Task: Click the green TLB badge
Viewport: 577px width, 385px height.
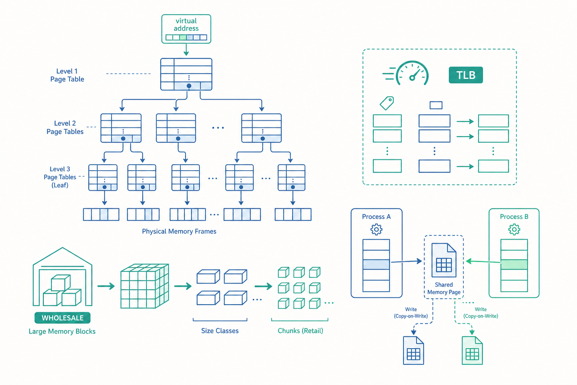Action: [466, 75]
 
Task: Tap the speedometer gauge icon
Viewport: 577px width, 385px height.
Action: [412, 73]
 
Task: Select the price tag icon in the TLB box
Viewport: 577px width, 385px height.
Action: [387, 103]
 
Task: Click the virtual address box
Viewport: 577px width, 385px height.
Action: [186, 29]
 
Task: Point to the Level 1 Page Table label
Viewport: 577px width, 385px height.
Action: [67, 75]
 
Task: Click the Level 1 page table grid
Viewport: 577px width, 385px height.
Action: [186, 74]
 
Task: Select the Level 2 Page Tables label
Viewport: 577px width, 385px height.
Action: [65, 127]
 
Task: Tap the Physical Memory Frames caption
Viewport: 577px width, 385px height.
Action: [179, 231]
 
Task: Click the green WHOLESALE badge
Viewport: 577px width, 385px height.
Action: [63, 318]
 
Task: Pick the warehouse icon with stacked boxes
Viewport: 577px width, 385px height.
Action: [62, 277]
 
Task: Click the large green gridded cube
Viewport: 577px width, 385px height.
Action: [145, 286]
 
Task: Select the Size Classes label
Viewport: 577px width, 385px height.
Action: [220, 330]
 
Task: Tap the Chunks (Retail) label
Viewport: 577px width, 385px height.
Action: [301, 330]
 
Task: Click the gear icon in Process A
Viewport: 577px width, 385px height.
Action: [376, 229]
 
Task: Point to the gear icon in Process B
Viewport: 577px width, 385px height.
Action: [514, 229]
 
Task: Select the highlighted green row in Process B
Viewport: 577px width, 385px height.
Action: [514, 265]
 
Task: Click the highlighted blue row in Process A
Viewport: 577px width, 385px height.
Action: [376, 265]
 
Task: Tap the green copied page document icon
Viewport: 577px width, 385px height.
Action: [472, 350]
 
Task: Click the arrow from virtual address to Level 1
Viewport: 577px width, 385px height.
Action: [186, 50]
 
